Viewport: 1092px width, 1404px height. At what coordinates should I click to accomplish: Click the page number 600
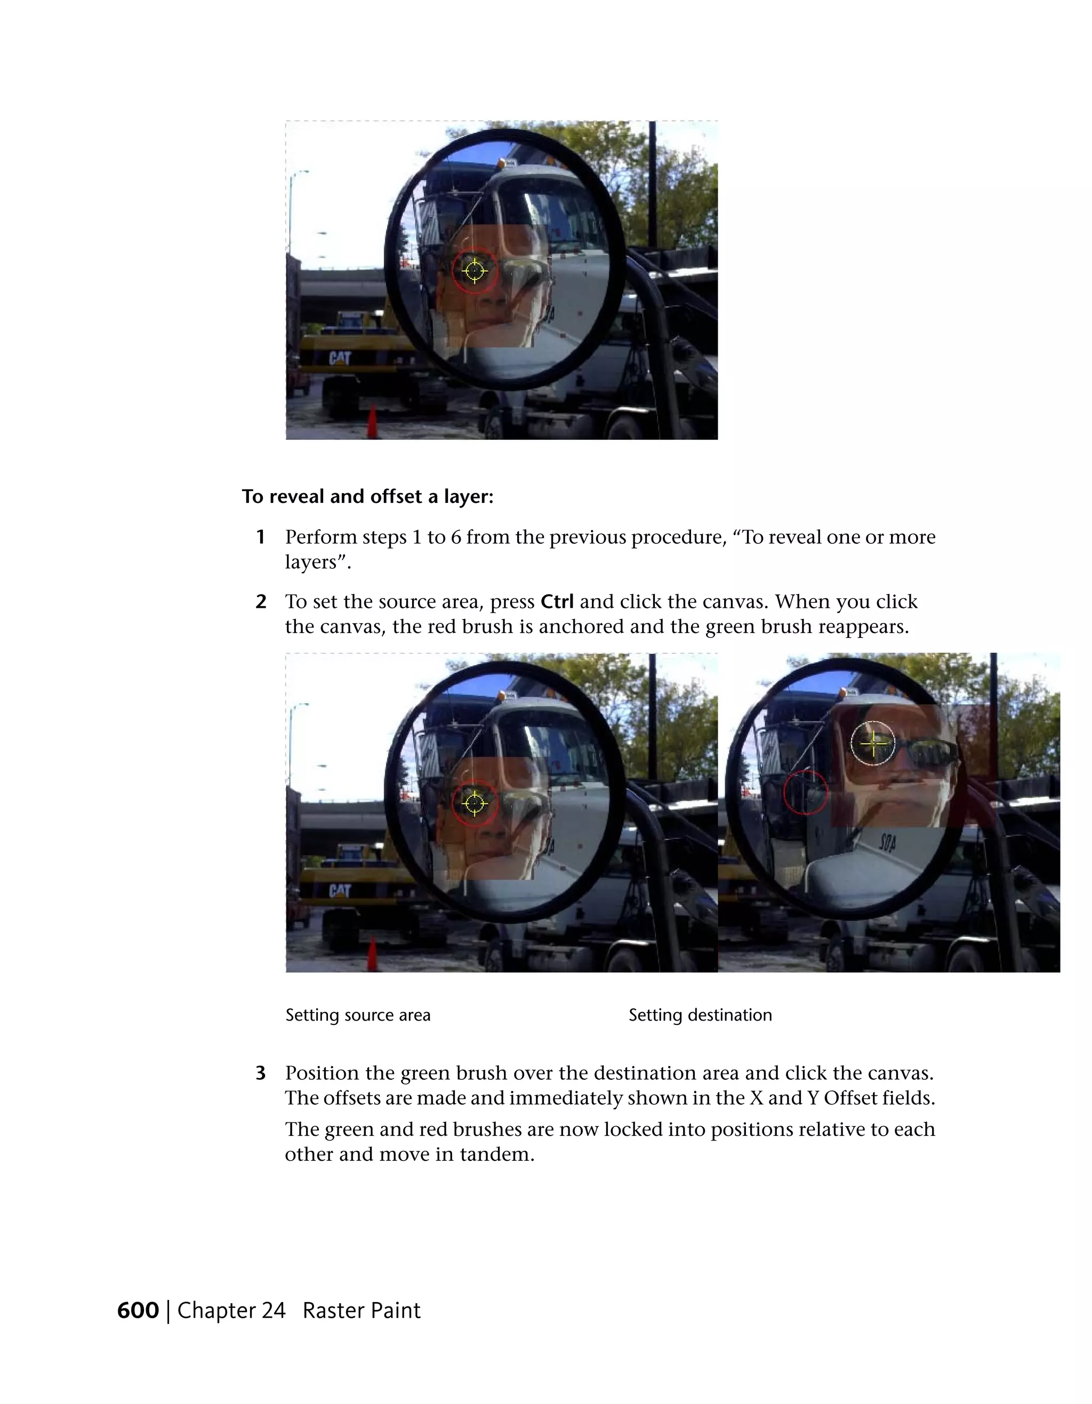[x=138, y=1310]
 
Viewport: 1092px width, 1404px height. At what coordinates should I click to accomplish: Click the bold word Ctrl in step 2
[x=557, y=601]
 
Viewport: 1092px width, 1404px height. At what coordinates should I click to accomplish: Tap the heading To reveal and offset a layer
[x=367, y=496]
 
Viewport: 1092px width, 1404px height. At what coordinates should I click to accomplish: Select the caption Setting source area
[x=358, y=1015]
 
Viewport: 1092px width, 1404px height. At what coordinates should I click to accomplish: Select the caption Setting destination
[x=700, y=1015]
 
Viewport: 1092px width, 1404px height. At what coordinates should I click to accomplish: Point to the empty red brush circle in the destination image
[x=805, y=792]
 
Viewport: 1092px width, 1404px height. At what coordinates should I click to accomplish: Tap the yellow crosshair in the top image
[x=475, y=271]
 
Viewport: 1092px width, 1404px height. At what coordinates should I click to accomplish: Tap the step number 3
[x=260, y=1073]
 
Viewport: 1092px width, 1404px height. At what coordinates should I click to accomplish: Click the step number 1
[x=260, y=537]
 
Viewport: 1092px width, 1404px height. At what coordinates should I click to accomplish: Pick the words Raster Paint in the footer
[x=361, y=1310]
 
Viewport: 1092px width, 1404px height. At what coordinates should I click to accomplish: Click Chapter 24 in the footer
[x=231, y=1310]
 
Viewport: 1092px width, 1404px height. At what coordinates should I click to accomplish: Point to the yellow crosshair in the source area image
[x=475, y=803]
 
